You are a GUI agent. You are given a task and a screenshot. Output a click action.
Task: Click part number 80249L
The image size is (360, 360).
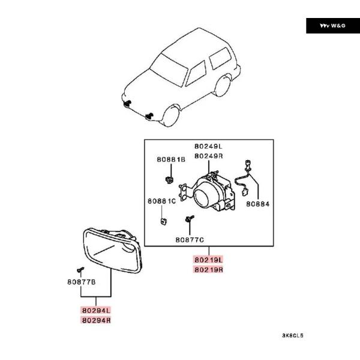[x=208, y=146]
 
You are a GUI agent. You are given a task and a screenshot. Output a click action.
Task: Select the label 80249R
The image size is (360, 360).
[x=208, y=155]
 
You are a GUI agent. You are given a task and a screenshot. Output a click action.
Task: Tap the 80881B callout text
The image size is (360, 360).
[x=171, y=159]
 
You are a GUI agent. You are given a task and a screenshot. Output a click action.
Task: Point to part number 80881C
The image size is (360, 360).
[x=161, y=202]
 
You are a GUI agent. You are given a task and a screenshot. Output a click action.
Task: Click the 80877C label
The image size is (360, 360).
[x=190, y=240]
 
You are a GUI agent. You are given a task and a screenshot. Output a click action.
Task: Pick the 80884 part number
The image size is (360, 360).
[x=257, y=203]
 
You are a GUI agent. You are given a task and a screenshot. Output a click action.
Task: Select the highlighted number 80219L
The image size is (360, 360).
[x=208, y=260]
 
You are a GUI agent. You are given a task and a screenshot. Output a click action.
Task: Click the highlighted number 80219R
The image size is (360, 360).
[x=208, y=270]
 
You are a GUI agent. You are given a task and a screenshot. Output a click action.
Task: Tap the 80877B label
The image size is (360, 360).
[x=81, y=281]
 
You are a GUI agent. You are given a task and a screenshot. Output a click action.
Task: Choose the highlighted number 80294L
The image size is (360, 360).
[x=97, y=310]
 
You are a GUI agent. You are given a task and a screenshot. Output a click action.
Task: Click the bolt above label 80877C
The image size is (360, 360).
[x=190, y=221]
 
